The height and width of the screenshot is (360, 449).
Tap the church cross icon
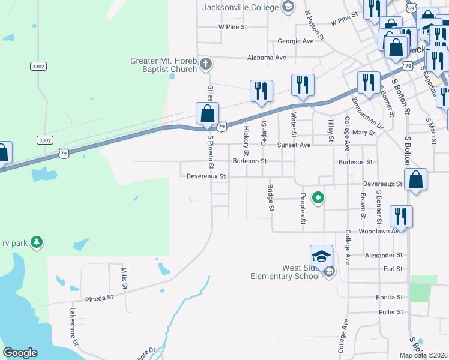206,63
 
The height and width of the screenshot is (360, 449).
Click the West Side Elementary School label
285,272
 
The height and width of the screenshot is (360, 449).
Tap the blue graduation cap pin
321,256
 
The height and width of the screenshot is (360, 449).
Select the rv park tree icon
37,242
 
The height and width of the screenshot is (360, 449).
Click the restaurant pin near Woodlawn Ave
401,216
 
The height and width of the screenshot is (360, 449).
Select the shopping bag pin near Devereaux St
416,179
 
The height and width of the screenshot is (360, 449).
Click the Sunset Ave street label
293,145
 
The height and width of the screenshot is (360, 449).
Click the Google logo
20,353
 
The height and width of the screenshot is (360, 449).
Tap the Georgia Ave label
295,41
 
